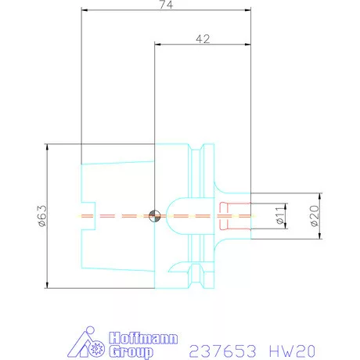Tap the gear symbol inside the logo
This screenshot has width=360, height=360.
98,347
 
